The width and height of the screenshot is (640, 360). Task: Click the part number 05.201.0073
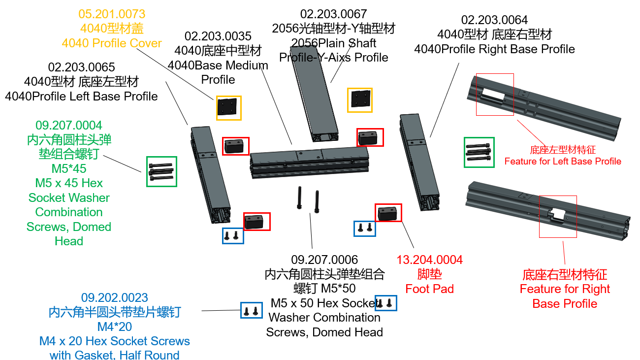click(x=112, y=14)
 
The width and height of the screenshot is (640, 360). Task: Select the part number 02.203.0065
click(x=81, y=67)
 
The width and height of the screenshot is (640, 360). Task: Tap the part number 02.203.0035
click(x=218, y=36)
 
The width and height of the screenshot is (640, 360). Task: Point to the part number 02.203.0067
click(x=333, y=14)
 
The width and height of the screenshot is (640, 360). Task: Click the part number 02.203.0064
click(x=494, y=20)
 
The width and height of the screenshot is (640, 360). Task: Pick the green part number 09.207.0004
click(x=69, y=125)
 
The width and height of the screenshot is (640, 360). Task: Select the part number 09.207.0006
click(x=324, y=260)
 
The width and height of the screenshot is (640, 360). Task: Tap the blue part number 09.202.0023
click(x=114, y=297)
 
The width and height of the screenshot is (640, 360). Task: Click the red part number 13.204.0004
click(x=429, y=260)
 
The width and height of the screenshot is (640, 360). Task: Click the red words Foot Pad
click(x=429, y=289)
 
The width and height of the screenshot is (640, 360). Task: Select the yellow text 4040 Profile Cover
click(x=112, y=43)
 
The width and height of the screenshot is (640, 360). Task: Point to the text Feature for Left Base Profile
click(x=563, y=161)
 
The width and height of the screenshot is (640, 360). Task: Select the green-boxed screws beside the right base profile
click(x=479, y=152)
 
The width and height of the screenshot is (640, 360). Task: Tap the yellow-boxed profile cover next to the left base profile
click(x=228, y=108)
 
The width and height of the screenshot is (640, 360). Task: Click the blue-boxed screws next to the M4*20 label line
click(x=251, y=310)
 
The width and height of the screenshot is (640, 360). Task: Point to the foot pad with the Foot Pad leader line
click(x=388, y=212)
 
